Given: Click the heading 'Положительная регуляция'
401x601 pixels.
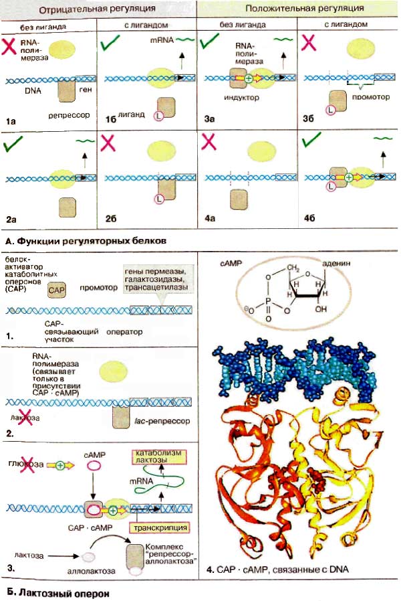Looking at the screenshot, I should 304,9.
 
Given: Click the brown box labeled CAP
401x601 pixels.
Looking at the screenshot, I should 57,289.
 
